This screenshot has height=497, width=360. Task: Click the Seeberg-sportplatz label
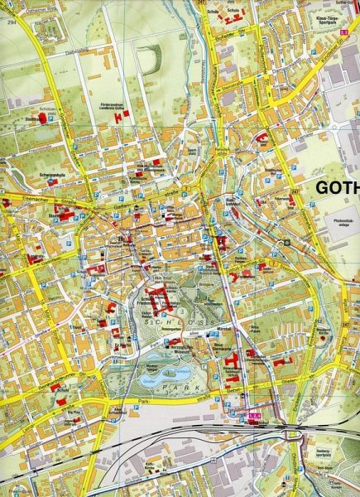(x=328, y=452)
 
